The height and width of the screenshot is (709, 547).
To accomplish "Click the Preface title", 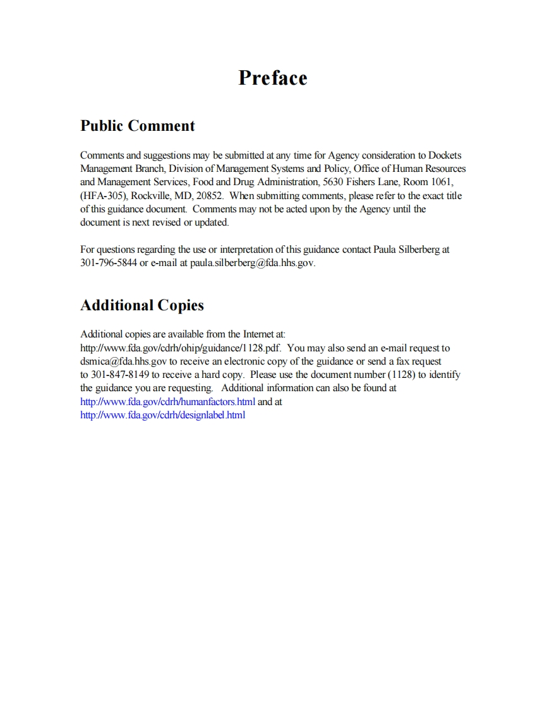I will tap(273, 78).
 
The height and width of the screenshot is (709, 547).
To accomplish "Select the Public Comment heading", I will tap(138, 126).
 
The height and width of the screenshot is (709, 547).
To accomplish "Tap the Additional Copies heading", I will tap(142, 305).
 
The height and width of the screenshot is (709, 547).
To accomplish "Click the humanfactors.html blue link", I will tap(168, 401).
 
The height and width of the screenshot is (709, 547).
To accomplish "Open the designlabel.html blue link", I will tap(163, 415).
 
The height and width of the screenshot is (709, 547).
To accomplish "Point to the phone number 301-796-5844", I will tap(109, 263).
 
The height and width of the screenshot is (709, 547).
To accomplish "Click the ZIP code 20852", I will tap(210, 196).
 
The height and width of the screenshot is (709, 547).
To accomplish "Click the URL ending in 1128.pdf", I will tap(181, 348).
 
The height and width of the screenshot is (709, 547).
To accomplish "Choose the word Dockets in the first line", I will tap(449, 155).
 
